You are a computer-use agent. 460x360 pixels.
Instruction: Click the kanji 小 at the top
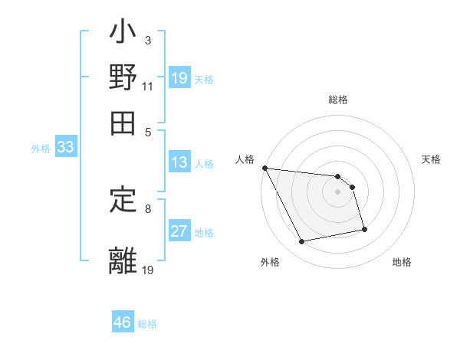click(x=123, y=35)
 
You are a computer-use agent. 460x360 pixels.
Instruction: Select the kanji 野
click(x=123, y=77)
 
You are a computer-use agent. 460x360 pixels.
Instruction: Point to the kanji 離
click(x=123, y=258)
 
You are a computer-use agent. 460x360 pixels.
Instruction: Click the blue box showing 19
click(x=179, y=78)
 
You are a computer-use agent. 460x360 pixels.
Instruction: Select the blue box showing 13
click(x=179, y=162)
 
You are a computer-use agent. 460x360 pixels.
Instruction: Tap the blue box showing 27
click(x=179, y=231)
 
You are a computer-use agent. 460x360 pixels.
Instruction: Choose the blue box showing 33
click(x=64, y=148)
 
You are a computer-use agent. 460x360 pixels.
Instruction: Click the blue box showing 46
click(x=123, y=322)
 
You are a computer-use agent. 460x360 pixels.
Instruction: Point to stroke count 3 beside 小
click(x=147, y=40)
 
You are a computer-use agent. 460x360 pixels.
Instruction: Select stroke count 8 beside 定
click(x=147, y=208)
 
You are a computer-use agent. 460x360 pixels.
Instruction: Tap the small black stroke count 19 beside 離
click(x=148, y=269)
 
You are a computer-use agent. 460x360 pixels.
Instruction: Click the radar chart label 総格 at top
click(x=337, y=100)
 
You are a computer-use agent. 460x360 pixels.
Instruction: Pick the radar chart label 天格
click(x=432, y=159)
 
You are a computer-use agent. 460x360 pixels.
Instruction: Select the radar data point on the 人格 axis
click(x=264, y=168)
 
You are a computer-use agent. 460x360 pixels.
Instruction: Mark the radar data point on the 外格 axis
click(x=302, y=242)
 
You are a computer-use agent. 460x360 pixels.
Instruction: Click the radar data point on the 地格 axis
click(x=364, y=229)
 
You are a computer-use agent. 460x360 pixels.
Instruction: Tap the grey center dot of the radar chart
click(x=337, y=191)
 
